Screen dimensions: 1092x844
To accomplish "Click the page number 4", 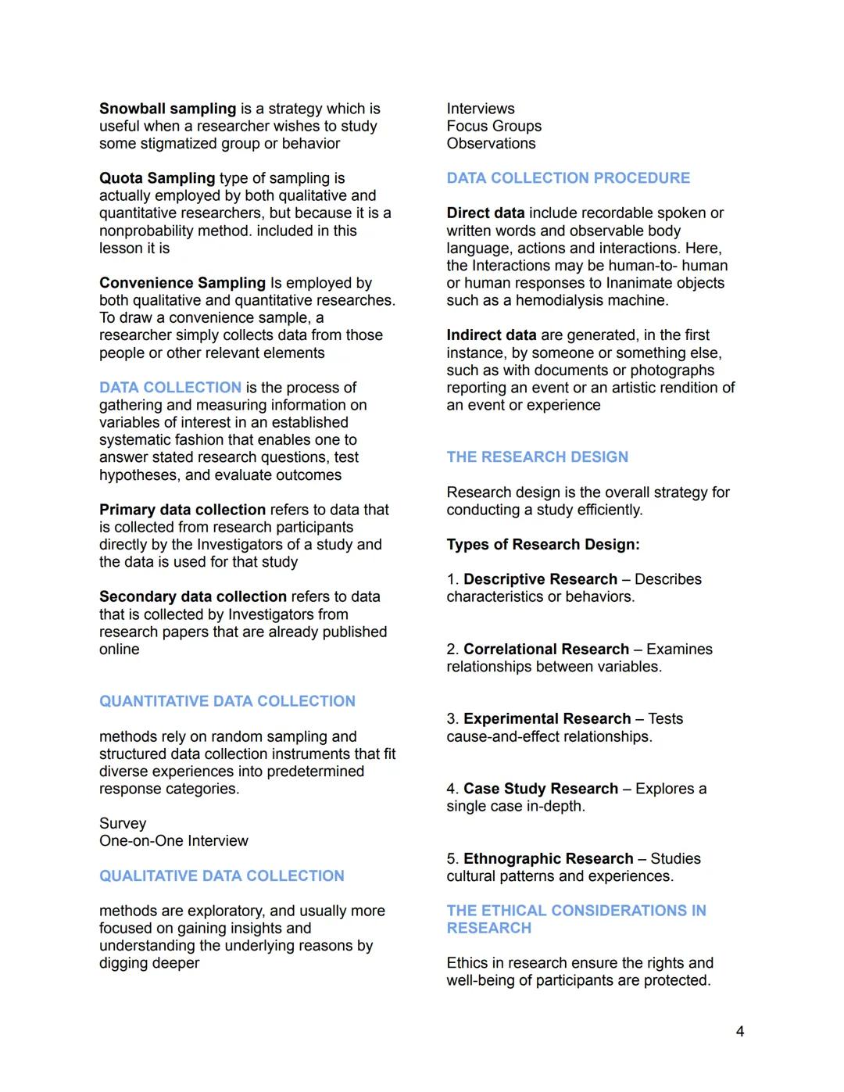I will tap(739, 1031).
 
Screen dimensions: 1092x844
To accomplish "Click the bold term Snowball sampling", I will tap(167, 109).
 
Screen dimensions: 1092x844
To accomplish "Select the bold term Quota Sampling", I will tap(157, 178).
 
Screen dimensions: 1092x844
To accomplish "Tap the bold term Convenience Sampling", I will tap(182, 283).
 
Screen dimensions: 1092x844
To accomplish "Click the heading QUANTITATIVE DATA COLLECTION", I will tap(227, 701).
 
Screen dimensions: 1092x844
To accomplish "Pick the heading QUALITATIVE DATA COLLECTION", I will tap(222, 875).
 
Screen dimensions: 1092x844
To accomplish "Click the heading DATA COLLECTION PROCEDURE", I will tap(568, 178).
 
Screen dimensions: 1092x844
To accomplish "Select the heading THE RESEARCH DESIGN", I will tap(538, 456).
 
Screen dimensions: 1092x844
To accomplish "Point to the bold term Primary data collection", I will tap(182, 510).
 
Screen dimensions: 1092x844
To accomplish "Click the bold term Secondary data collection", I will tap(193, 596).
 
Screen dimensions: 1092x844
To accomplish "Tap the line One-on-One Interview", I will tap(173, 841).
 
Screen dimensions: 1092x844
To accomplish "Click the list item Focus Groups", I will tap(494, 126).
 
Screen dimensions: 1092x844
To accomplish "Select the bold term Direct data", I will tap(485, 213).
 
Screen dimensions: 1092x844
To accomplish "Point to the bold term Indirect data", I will tap(492, 335).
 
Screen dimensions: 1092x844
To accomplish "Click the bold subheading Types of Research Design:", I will tap(543, 545).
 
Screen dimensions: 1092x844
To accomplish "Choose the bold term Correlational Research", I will tap(546, 649).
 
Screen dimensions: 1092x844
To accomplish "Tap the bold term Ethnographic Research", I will tap(549, 858).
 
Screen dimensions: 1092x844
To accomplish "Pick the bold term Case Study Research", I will tap(541, 789).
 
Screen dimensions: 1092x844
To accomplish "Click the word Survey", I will tap(123, 823).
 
